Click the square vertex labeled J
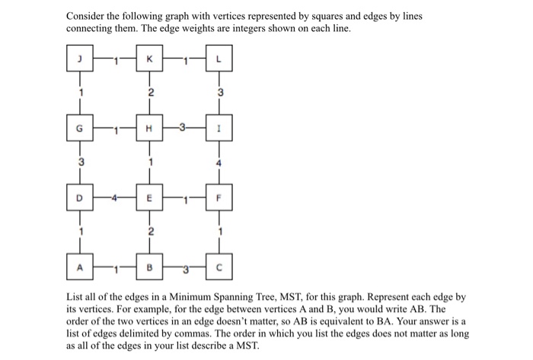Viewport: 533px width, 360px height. click(x=79, y=60)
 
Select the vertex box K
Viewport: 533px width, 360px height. click(x=149, y=60)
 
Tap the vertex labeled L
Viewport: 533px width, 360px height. click(x=219, y=60)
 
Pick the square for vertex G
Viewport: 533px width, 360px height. click(x=79, y=130)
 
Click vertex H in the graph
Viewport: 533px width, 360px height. click(x=149, y=130)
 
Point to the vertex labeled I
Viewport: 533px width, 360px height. click(x=219, y=130)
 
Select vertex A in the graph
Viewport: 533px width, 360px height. click(x=79, y=269)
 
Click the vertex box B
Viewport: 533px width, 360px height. click(x=149, y=269)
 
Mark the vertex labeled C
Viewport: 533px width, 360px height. click(x=219, y=269)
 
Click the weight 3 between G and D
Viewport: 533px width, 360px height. click(x=79, y=162)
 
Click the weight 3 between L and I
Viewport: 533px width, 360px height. click(x=220, y=93)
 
